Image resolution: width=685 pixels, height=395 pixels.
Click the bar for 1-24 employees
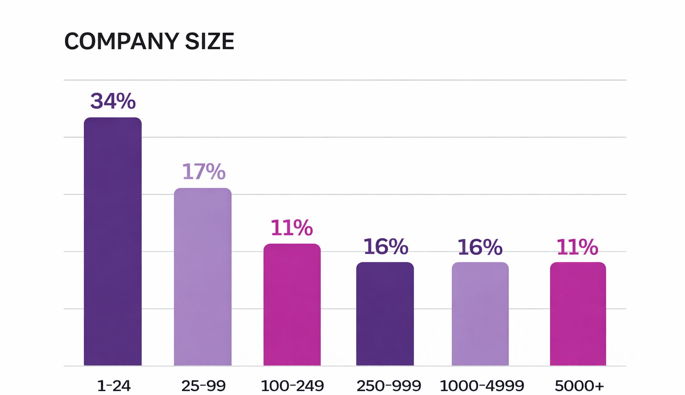[113, 241]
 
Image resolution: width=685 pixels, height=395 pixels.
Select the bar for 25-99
[203, 277]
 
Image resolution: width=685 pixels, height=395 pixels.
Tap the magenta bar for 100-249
[292, 304]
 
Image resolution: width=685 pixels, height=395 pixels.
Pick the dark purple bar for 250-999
[385, 314]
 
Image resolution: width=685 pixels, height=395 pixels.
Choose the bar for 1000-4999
[480, 314]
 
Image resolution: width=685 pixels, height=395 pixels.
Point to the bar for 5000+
[578, 314]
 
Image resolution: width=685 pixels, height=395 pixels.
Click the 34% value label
[113, 101]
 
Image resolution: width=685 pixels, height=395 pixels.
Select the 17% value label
[203, 172]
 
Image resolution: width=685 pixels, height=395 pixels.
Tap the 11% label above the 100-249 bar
[292, 228]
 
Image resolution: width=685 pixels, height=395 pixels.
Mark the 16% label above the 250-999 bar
[385, 247]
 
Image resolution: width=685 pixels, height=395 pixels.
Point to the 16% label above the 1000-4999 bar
[480, 247]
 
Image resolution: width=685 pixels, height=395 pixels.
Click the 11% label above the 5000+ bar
[577, 247]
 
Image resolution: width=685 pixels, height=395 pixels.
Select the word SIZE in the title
[210, 42]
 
